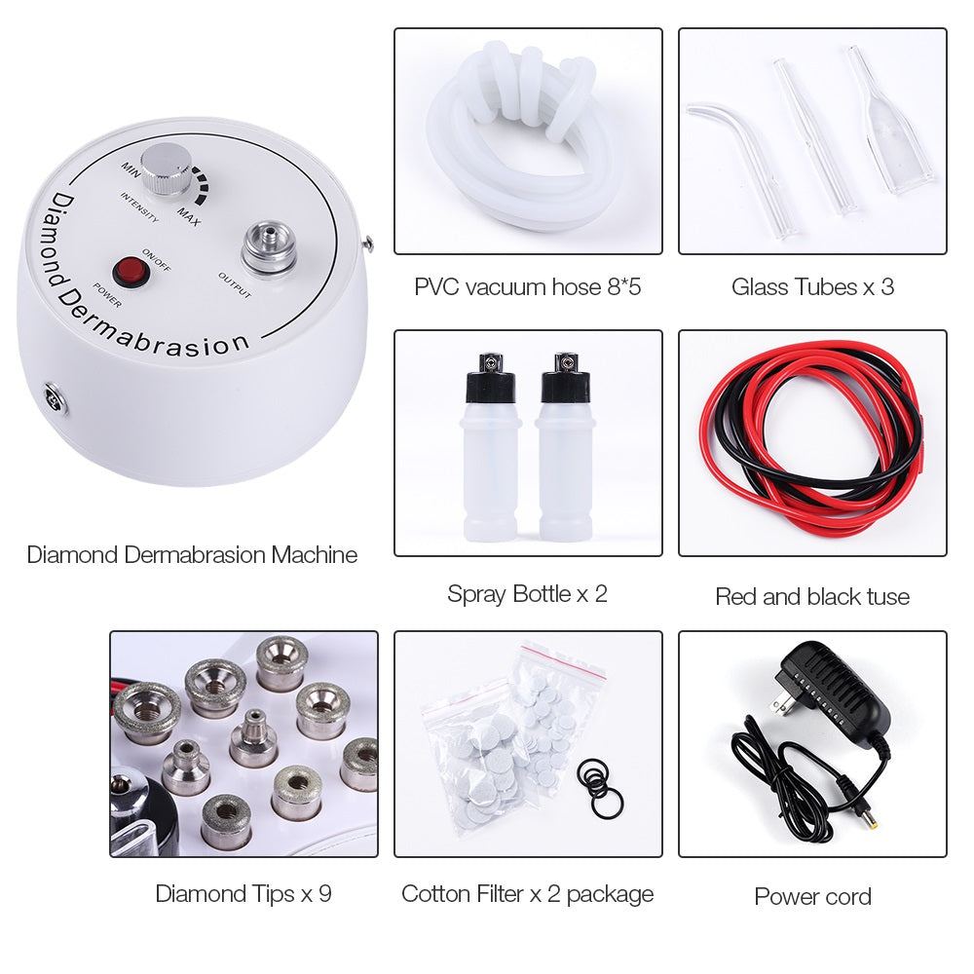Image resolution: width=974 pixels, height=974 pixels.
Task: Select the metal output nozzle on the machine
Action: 269,247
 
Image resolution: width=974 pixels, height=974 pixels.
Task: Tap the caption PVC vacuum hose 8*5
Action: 528,286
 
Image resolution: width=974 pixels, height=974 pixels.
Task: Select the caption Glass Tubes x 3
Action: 812,286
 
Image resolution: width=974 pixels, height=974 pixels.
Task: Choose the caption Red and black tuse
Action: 812,596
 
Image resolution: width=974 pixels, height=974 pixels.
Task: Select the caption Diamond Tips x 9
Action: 243,893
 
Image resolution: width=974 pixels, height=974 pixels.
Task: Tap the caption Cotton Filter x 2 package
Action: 527,893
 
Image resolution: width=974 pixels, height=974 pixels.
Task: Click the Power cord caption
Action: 812,896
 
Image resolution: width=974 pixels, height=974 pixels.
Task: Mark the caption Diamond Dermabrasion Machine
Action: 192,555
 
